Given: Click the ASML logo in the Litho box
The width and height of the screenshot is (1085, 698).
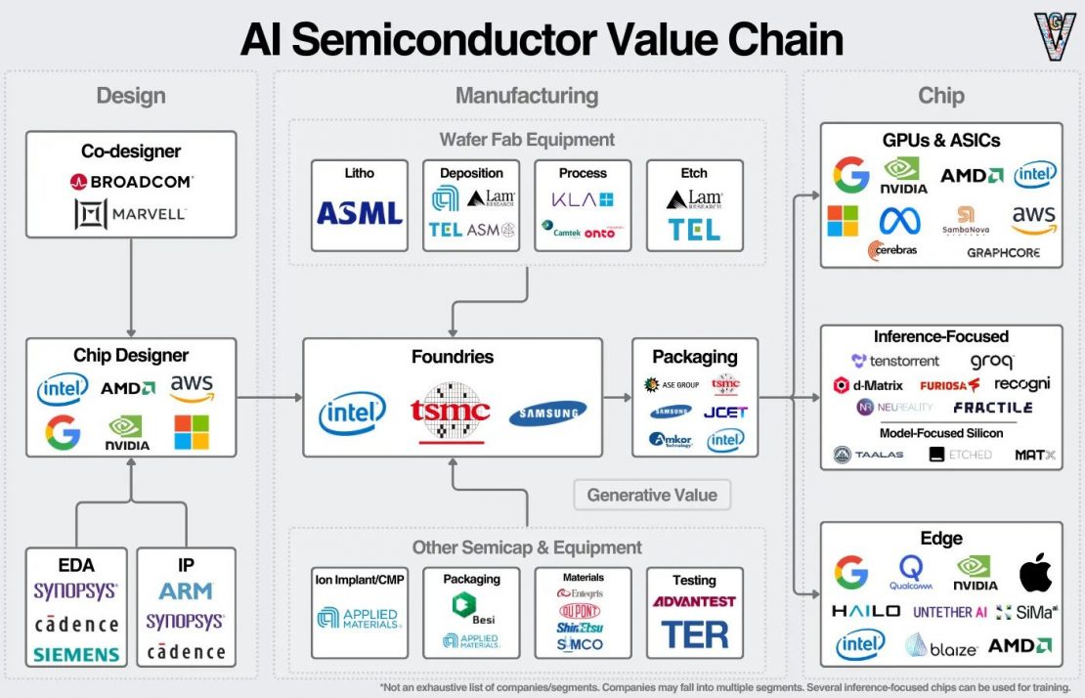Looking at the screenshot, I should point(359,211).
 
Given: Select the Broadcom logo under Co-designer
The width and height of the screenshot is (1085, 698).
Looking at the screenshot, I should point(131,182).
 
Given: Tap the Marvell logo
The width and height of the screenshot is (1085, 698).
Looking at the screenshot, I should point(131,214).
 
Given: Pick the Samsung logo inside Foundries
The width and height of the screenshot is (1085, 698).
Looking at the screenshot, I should point(547,414).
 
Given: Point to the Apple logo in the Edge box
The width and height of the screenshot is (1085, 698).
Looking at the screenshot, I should point(1035,573).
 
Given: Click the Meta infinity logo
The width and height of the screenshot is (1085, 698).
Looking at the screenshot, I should point(899,221).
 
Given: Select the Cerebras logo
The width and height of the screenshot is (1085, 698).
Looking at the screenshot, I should point(891,251).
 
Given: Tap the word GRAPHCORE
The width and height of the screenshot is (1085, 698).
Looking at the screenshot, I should point(1003,252).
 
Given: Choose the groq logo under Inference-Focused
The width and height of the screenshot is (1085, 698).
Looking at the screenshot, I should point(992,362).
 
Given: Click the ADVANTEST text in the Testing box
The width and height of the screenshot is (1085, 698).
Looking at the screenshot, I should point(694,601).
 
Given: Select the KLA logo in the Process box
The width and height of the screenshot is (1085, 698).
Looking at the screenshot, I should point(583,199).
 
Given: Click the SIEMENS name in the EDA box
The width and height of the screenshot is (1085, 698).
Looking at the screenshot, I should point(75,654).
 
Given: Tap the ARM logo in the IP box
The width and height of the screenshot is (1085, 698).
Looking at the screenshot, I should point(186,591).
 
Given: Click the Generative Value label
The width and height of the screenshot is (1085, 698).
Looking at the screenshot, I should point(652,496).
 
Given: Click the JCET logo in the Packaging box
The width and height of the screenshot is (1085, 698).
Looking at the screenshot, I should point(724,412).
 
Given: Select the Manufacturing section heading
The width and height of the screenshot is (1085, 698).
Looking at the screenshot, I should point(526,96).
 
